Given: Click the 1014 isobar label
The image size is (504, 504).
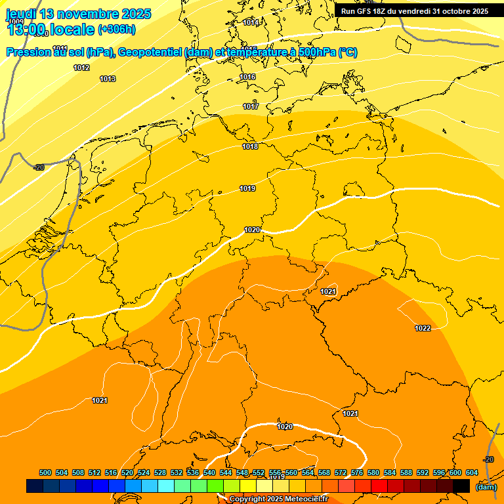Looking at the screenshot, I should click(x=250, y=22).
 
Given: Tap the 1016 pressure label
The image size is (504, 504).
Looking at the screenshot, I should click(x=247, y=77).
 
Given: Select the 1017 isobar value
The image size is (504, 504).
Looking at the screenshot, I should click(x=251, y=106).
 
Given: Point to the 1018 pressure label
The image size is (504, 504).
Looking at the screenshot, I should click(x=250, y=146).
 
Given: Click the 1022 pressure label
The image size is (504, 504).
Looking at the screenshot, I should click(x=423, y=328).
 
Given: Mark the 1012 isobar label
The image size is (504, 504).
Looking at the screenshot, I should click(x=81, y=68).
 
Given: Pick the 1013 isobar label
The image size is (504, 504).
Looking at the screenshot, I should click(x=108, y=79).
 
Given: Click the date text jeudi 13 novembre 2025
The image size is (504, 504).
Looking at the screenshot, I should click(x=78, y=14).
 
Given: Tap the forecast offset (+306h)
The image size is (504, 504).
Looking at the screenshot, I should click(x=116, y=30).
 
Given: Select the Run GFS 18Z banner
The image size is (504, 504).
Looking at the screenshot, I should click(x=414, y=11).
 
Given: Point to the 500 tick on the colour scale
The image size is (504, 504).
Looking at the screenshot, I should click(x=45, y=473).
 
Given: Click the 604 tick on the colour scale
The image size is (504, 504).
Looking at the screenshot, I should click(x=471, y=473).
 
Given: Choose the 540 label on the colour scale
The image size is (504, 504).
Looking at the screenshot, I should click(x=209, y=473).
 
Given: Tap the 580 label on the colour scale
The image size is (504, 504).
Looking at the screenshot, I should click(x=373, y=473).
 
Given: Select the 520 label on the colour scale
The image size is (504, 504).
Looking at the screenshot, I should click(x=127, y=473).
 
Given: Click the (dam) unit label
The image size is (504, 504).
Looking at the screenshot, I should click(x=486, y=487).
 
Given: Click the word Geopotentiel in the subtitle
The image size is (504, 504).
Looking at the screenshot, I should click(x=150, y=52).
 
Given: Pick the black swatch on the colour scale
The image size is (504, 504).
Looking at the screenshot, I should click(x=461, y=486).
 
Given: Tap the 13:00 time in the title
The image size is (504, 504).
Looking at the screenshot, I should click(x=26, y=30).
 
